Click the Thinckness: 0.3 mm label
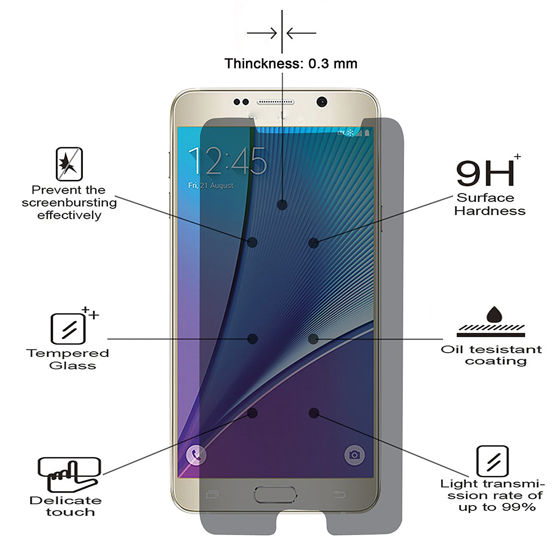click(x=291, y=63)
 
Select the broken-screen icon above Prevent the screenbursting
click(x=69, y=164)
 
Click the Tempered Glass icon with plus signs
click(x=69, y=329)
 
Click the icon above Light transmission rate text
click(x=492, y=461)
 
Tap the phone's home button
click(x=276, y=495)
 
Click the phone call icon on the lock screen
click(x=196, y=455)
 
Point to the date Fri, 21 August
click(x=211, y=185)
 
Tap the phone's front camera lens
click(x=322, y=102)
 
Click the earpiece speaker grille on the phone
click(x=275, y=102)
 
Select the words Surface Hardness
click(x=489, y=204)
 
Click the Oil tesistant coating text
click(x=491, y=355)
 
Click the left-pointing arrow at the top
click(x=301, y=33)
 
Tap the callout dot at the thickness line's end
click(x=282, y=205)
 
